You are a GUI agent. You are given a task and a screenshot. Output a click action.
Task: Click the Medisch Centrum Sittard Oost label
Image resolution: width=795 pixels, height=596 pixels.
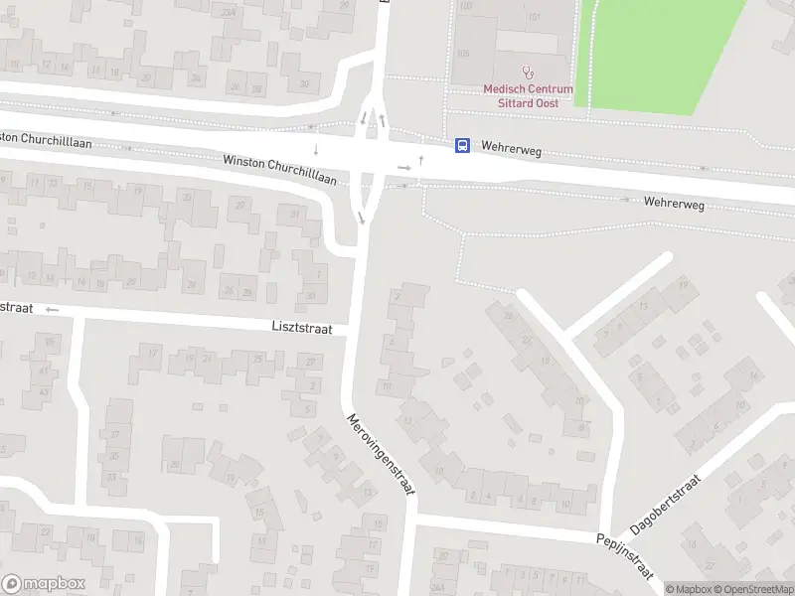(x=528, y=95)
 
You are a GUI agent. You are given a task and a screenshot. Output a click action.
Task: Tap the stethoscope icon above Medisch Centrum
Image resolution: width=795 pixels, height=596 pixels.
(x=528, y=72)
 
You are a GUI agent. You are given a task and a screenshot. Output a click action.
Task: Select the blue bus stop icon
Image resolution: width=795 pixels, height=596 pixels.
(x=462, y=145)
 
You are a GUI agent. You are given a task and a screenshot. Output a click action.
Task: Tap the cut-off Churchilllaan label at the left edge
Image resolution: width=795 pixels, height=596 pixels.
(x=46, y=142)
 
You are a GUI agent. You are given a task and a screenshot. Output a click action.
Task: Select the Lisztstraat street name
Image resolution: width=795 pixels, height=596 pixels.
(x=301, y=327)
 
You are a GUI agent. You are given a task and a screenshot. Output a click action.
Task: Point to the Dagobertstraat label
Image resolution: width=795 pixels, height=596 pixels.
(x=667, y=507)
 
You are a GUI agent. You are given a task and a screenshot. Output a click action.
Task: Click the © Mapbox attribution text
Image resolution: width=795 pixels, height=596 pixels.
(x=688, y=589)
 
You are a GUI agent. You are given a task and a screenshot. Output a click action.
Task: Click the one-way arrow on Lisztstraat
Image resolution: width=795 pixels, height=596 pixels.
(x=53, y=309)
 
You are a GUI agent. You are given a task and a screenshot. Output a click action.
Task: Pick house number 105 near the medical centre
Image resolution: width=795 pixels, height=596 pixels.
(x=461, y=52)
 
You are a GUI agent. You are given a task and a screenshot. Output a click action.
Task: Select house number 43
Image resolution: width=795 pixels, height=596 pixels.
(x=42, y=391)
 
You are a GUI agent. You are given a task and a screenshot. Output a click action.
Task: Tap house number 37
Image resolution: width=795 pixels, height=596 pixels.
(x=114, y=434)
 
